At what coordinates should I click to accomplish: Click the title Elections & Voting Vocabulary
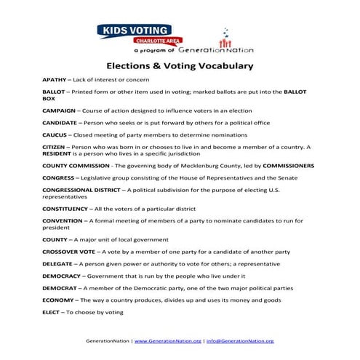click(180, 65)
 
